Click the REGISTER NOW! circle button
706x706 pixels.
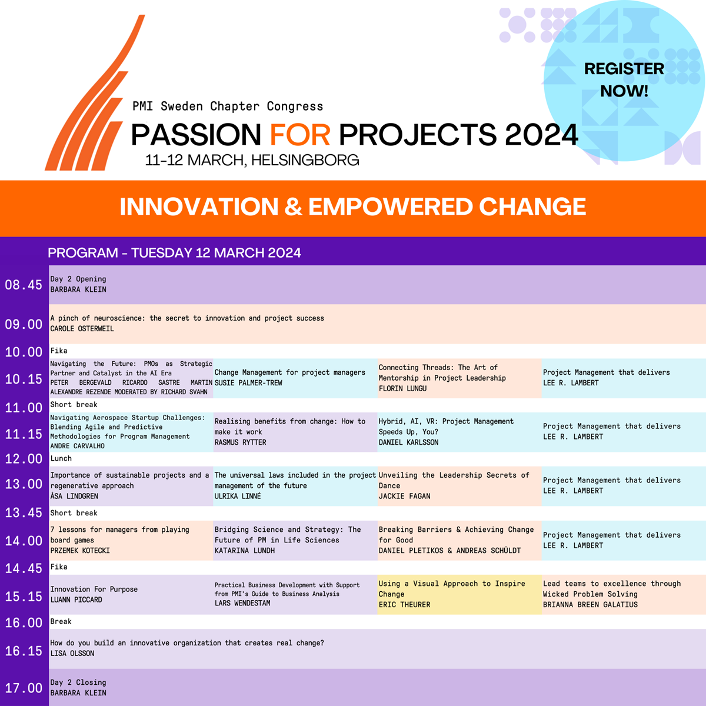tap(624, 80)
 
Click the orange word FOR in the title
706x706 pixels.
tap(300, 135)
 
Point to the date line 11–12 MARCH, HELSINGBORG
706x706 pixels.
tap(252, 160)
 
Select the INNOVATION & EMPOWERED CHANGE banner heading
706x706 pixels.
tap(353, 207)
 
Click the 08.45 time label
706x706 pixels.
tap(24, 285)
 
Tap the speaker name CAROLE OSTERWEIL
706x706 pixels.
tap(82, 329)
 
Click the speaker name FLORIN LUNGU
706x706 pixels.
tap(402, 388)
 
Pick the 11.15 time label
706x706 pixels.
tap(24, 434)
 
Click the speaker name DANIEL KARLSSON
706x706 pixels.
tap(408, 442)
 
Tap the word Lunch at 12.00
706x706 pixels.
tap(61, 458)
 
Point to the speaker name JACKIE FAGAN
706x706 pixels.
tap(404, 496)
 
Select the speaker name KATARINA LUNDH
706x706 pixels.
tap(244, 550)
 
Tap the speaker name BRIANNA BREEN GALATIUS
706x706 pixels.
tap(590, 605)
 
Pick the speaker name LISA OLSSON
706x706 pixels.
tap(72, 653)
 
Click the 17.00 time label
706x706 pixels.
tap(24, 688)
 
